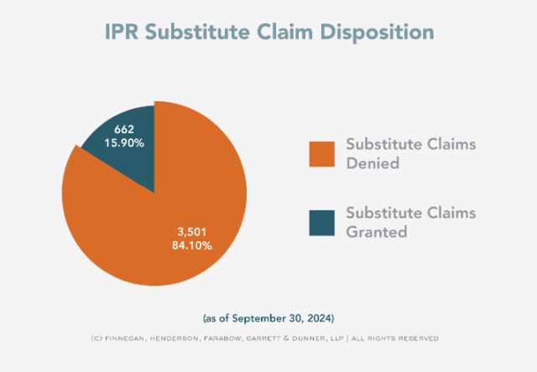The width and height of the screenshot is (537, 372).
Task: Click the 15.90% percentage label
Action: (125, 143)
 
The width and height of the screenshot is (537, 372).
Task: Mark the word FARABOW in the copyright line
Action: (217, 338)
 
